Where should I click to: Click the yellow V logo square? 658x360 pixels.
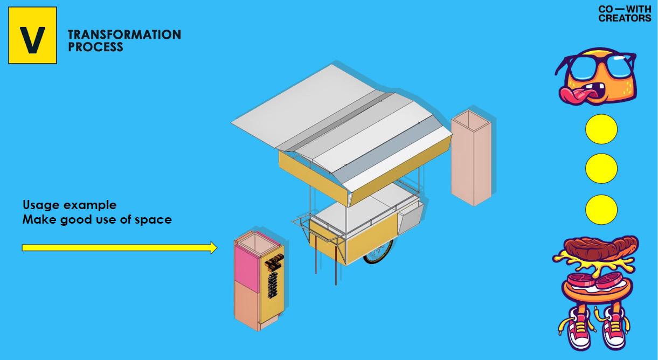[32, 36]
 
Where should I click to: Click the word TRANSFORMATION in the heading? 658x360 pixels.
[124, 34]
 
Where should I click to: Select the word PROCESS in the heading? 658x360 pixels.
[95, 47]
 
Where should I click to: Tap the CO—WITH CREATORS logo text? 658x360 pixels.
[625, 13]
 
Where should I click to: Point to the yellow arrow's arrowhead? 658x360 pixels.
[213, 247]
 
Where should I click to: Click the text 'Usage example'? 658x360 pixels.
[70, 205]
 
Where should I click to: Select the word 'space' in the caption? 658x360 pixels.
[157, 219]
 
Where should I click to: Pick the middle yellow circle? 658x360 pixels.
[601, 169]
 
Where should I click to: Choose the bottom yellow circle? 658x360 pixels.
[601, 210]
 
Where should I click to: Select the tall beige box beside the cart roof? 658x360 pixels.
[471, 159]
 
